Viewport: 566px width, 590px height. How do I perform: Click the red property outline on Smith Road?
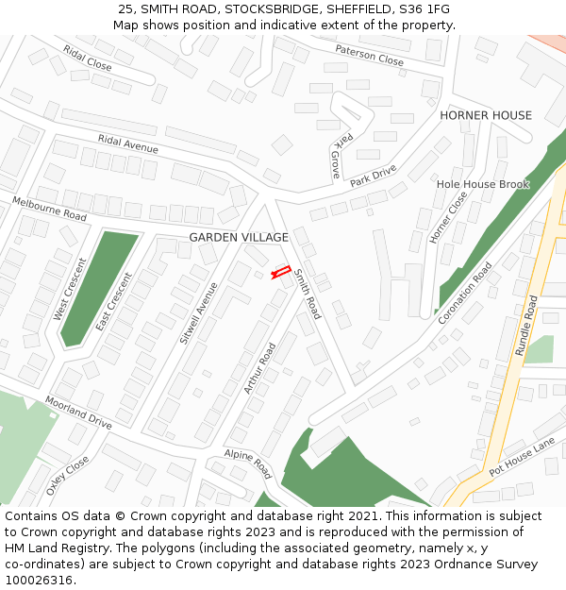pos(281,273)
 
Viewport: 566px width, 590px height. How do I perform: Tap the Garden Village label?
pos(239,237)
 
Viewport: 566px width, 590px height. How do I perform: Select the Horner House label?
pos(486,115)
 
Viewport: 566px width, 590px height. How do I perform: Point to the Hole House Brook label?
pos(483,184)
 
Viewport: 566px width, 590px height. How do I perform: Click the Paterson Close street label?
pos(369,55)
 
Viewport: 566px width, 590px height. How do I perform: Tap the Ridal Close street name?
pos(87,58)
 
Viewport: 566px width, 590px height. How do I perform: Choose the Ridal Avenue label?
pos(127,143)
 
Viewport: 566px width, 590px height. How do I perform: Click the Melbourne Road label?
pos(49,209)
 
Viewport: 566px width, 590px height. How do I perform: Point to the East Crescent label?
pos(113,302)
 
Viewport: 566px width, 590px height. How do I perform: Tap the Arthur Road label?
pos(258,368)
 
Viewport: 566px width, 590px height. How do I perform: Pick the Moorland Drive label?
pos(78,413)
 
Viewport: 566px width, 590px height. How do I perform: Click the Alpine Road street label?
pos(248,464)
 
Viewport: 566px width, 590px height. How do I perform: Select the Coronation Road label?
pos(465,293)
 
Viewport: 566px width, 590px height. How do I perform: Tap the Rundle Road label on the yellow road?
pos(526,326)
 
